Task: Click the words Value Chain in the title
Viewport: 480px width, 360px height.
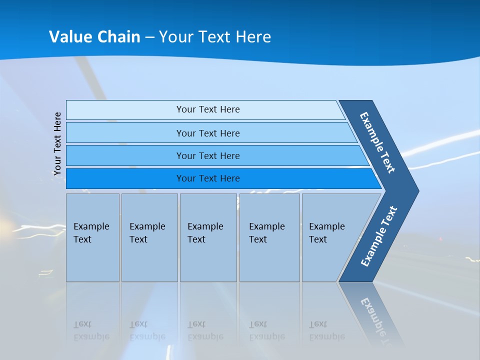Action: click(94, 36)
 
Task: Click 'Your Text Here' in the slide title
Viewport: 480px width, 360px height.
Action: click(215, 36)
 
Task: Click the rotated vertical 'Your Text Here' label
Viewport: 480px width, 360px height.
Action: click(57, 143)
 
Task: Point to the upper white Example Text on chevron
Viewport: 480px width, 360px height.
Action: click(377, 142)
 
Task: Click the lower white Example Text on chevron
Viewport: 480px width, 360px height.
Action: click(378, 236)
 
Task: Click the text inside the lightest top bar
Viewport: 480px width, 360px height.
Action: click(208, 109)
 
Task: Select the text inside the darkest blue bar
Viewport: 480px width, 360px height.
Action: click(208, 178)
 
